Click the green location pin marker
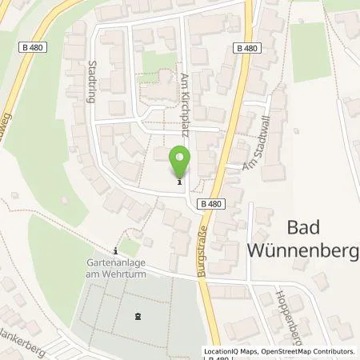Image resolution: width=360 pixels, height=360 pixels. (181, 162)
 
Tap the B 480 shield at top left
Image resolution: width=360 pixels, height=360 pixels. (32, 48)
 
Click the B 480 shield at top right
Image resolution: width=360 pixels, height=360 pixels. (248, 48)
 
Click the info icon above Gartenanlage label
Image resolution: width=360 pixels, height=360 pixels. (117, 249)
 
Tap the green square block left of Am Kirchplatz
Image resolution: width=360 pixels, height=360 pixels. (153, 62)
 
